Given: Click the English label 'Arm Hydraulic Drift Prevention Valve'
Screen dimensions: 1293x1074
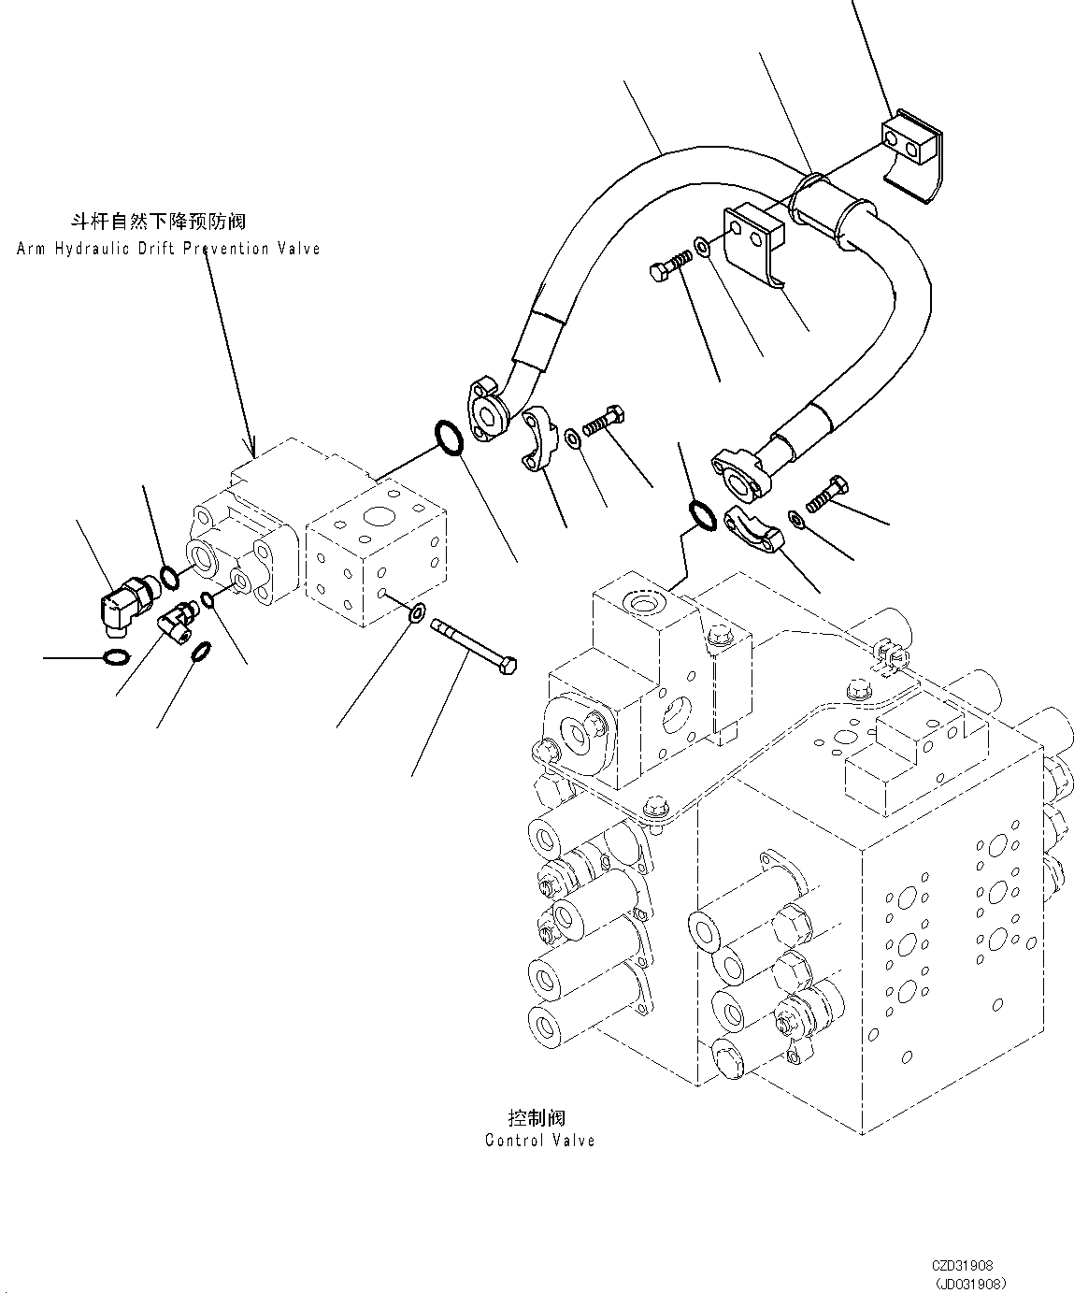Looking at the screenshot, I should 168,249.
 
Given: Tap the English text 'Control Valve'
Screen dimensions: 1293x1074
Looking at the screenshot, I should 539,1140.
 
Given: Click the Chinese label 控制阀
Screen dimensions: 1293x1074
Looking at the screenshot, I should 537,1117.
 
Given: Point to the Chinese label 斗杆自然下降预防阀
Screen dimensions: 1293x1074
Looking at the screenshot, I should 159,222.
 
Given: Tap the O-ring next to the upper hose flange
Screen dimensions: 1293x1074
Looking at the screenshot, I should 448,439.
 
